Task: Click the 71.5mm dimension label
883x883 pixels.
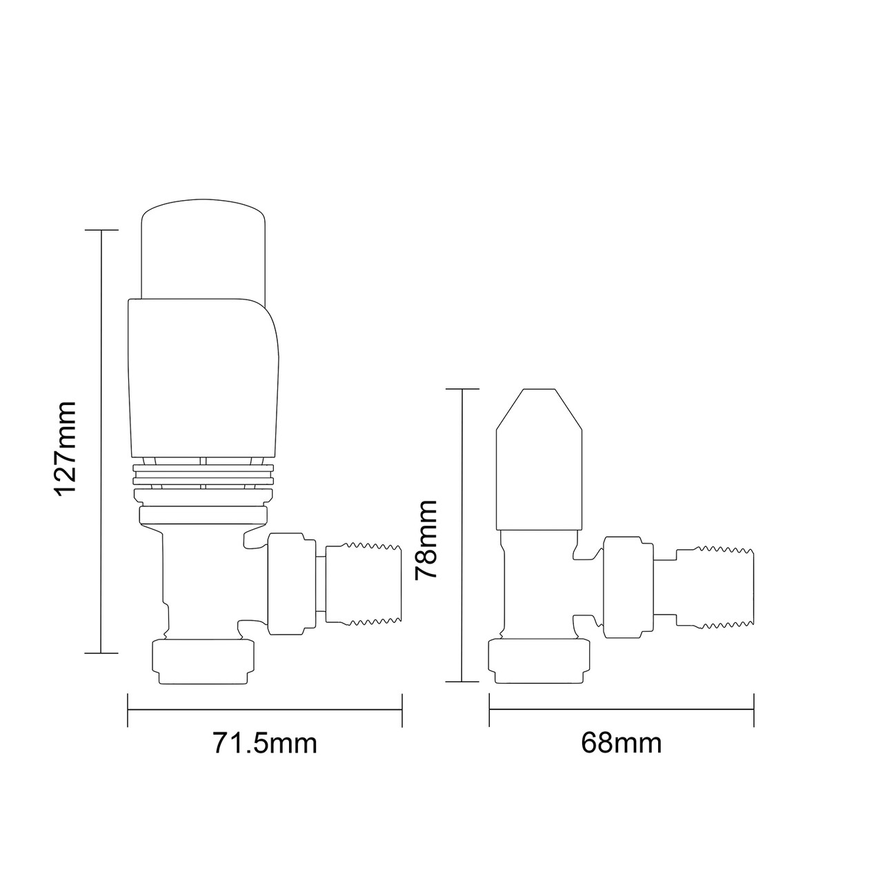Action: pyautogui.click(x=265, y=744)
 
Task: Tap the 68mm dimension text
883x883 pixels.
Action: pyautogui.click(x=621, y=744)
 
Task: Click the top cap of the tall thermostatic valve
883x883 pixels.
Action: pyautogui.click(x=203, y=248)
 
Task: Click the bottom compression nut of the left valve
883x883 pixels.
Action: pyautogui.click(x=203, y=662)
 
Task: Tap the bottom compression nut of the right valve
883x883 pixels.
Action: pyautogui.click(x=539, y=661)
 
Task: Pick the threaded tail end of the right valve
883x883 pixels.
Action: pyautogui.click(x=717, y=587)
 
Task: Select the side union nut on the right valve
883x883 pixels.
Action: pyautogui.click(x=628, y=587)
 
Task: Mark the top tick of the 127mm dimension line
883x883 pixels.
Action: pyautogui.click(x=101, y=230)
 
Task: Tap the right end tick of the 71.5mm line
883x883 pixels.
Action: pyautogui.click(x=401, y=710)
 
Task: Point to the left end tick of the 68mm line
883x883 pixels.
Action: pyautogui.click(x=489, y=710)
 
